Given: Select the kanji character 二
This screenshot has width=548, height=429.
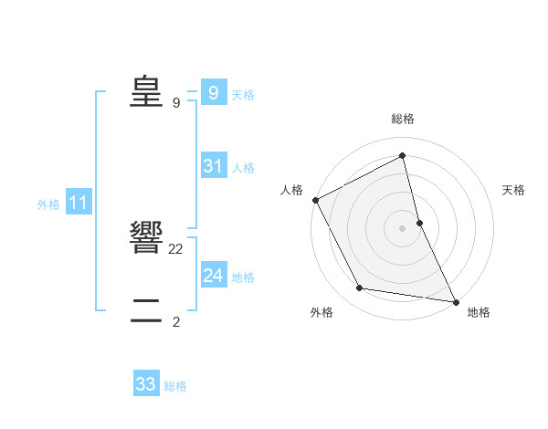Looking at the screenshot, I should click(146, 310).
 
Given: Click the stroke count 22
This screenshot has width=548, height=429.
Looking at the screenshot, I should click(176, 248).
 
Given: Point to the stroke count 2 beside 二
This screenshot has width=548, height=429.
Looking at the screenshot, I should click(176, 321).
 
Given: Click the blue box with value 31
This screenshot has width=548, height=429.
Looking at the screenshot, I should click(213, 166).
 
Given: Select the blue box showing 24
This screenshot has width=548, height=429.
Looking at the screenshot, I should click(213, 276).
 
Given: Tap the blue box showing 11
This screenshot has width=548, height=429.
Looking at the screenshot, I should click(78, 204).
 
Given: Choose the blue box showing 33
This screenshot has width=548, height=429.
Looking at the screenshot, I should click(146, 384).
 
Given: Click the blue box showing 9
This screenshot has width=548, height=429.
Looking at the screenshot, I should click(213, 93).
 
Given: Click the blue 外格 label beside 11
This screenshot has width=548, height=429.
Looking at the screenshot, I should click(48, 204).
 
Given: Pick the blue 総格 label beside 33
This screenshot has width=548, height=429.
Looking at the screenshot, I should click(175, 386).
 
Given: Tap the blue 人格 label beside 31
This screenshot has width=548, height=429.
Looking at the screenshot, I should click(244, 168).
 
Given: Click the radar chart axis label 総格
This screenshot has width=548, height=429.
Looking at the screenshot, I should click(403, 120).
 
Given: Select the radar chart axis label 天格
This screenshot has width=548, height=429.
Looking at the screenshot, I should click(514, 190).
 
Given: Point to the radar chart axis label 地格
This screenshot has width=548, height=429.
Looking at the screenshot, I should click(479, 312).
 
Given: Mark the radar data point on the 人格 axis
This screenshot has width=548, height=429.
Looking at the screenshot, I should click(316, 200).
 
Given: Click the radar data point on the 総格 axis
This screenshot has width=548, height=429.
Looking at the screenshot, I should click(403, 155).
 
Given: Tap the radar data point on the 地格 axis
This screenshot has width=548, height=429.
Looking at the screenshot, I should click(455, 300).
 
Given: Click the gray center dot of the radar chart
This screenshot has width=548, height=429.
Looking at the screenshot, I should click(403, 227).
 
